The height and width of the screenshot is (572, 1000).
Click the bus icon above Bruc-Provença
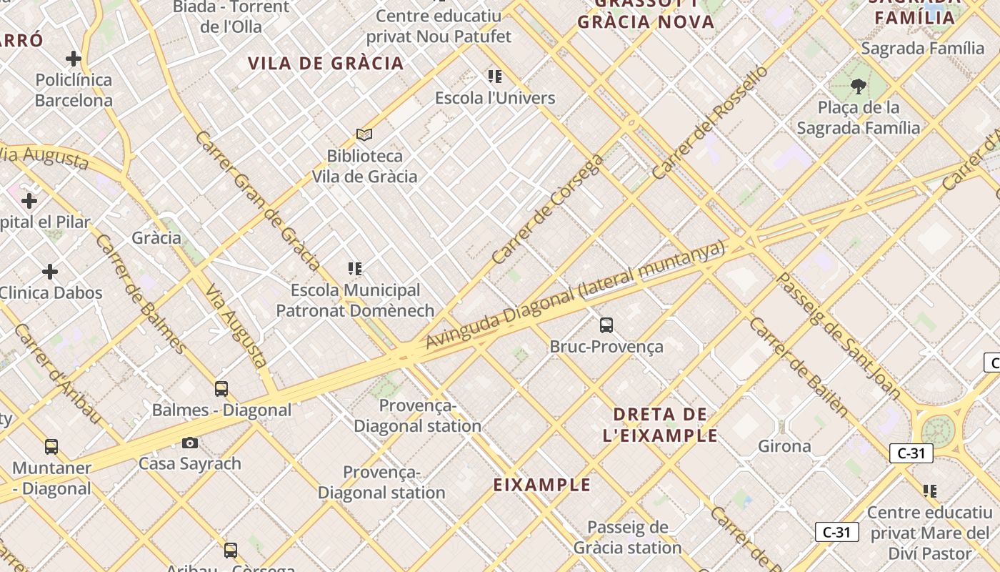606,325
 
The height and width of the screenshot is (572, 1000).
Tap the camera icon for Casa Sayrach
190,443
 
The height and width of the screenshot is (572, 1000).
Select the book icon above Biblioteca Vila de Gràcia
364,134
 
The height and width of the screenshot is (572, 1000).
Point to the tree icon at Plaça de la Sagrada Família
859,87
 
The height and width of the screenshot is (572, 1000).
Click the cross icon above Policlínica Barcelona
74,59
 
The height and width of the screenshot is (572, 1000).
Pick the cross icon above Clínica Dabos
50,272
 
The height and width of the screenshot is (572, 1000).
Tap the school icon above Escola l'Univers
495,76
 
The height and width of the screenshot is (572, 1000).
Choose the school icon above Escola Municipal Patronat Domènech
355,269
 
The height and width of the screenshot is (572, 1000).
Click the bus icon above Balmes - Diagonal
221,388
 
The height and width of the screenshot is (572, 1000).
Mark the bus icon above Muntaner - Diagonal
51,447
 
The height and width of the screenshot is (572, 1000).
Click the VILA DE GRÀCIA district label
326,63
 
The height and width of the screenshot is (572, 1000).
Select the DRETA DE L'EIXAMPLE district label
661,425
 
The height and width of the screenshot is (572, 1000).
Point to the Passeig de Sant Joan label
839,335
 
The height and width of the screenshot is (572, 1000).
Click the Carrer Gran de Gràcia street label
257,201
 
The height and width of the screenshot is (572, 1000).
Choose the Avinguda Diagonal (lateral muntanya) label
576,295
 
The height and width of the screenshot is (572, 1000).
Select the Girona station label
784,446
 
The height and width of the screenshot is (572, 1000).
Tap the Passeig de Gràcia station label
628,538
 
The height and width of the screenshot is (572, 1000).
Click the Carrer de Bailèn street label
799,367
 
